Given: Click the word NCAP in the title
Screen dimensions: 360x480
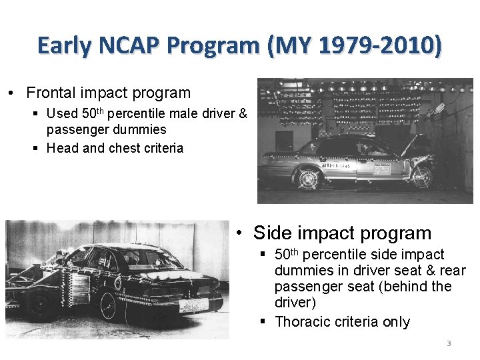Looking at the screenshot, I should (139, 45).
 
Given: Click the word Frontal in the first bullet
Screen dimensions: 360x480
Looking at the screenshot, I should (51, 93).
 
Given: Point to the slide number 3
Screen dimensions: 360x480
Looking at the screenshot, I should (449, 343).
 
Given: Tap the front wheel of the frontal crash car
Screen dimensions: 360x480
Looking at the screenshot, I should (421, 177).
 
